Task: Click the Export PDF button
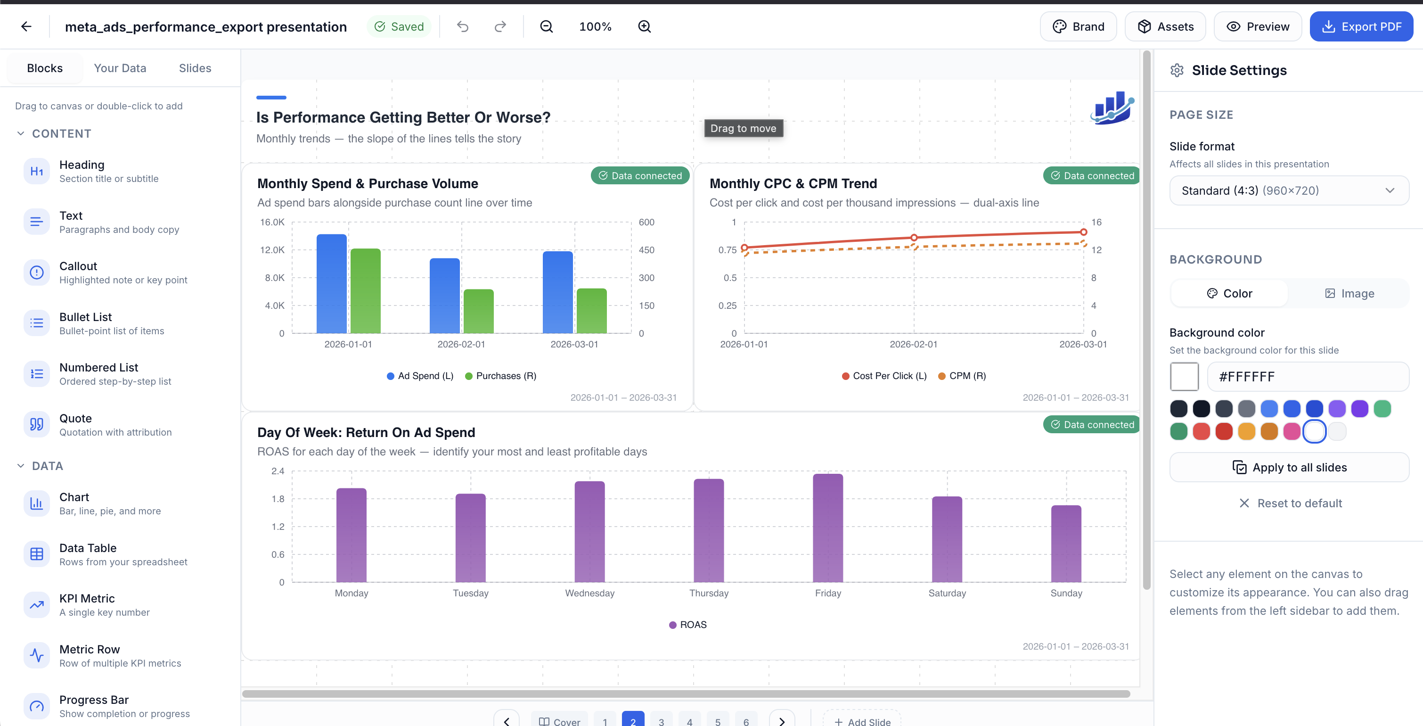click(x=1361, y=26)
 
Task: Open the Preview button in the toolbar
click(x=1257, y=26)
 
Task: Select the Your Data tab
click(x=120, y=68)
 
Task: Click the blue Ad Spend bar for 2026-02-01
click(x=444, y=296)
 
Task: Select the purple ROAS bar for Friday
click(x=827, y=528)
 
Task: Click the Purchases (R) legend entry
click(x=500, y=376)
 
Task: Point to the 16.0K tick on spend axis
click(x=272, y=222)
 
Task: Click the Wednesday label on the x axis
click(x=589, y=593)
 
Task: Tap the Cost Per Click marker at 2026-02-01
click(x=914, y=238)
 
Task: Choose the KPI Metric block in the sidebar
click(x=87, y=605)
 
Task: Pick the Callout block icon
click(x=36, y=272)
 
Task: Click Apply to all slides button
click(x=1289, y=468)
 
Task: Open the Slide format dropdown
click(x=1289, y=190)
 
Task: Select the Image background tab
click(x=1349, y=293)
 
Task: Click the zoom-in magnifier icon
click(x=644, y=26)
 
